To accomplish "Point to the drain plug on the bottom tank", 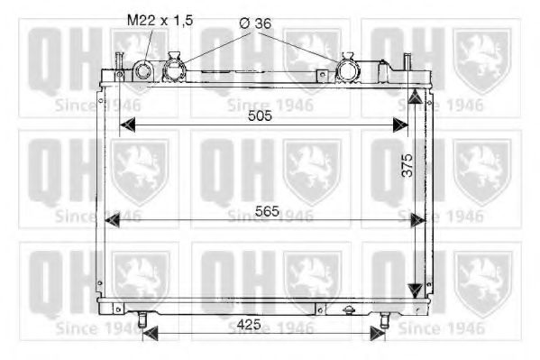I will [349, 309].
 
